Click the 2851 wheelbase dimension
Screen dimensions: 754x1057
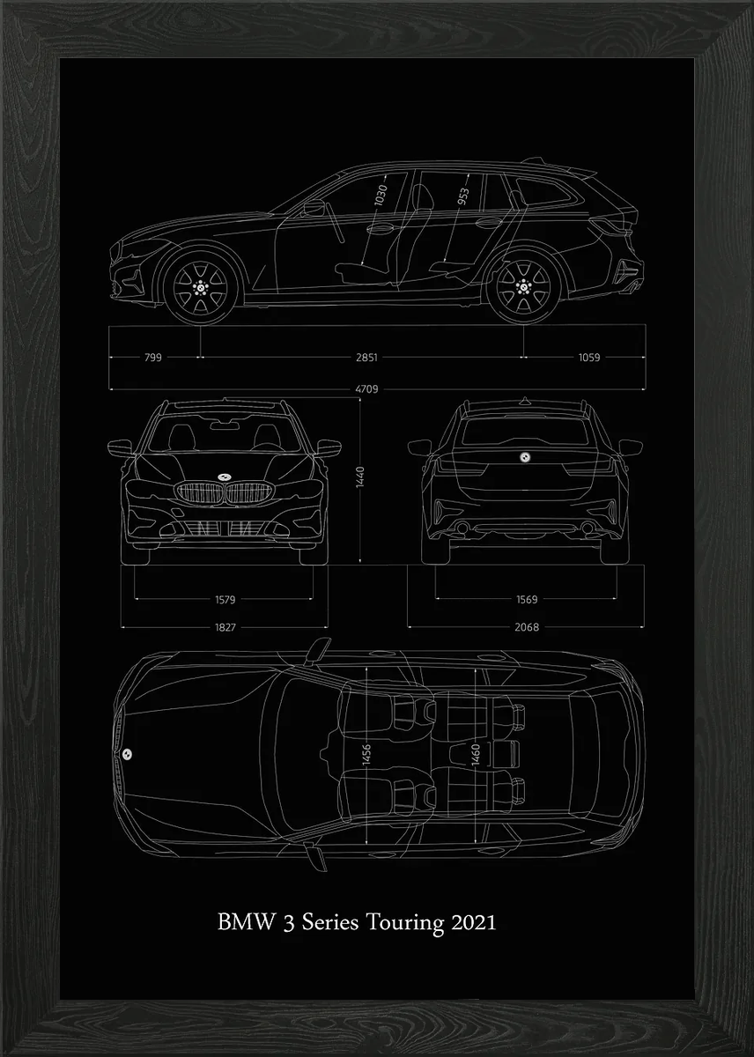point(366,358)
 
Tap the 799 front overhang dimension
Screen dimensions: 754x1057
point(153,358)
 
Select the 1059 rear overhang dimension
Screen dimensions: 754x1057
point(589,358)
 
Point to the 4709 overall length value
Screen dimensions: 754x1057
point(366,389)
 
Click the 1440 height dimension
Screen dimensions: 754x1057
point(360,477)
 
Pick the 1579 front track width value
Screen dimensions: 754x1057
point(225,600)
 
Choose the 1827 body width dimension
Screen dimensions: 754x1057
point(225,627)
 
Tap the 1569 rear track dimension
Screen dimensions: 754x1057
point(527,599)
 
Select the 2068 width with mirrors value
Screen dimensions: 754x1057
point(527,627)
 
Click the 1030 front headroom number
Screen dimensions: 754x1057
point(381,195)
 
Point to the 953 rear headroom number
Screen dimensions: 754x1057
point(463,196)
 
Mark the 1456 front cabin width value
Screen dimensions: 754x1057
point(366,755)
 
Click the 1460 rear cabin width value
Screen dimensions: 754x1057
point(475,755)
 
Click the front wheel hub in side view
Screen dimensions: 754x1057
point(200,287)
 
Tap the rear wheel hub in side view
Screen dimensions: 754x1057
point(523,286)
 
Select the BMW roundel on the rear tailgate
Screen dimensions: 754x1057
point(525,456)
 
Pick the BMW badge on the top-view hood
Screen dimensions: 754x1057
point(127,754)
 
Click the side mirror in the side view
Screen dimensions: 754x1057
point(314,207)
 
